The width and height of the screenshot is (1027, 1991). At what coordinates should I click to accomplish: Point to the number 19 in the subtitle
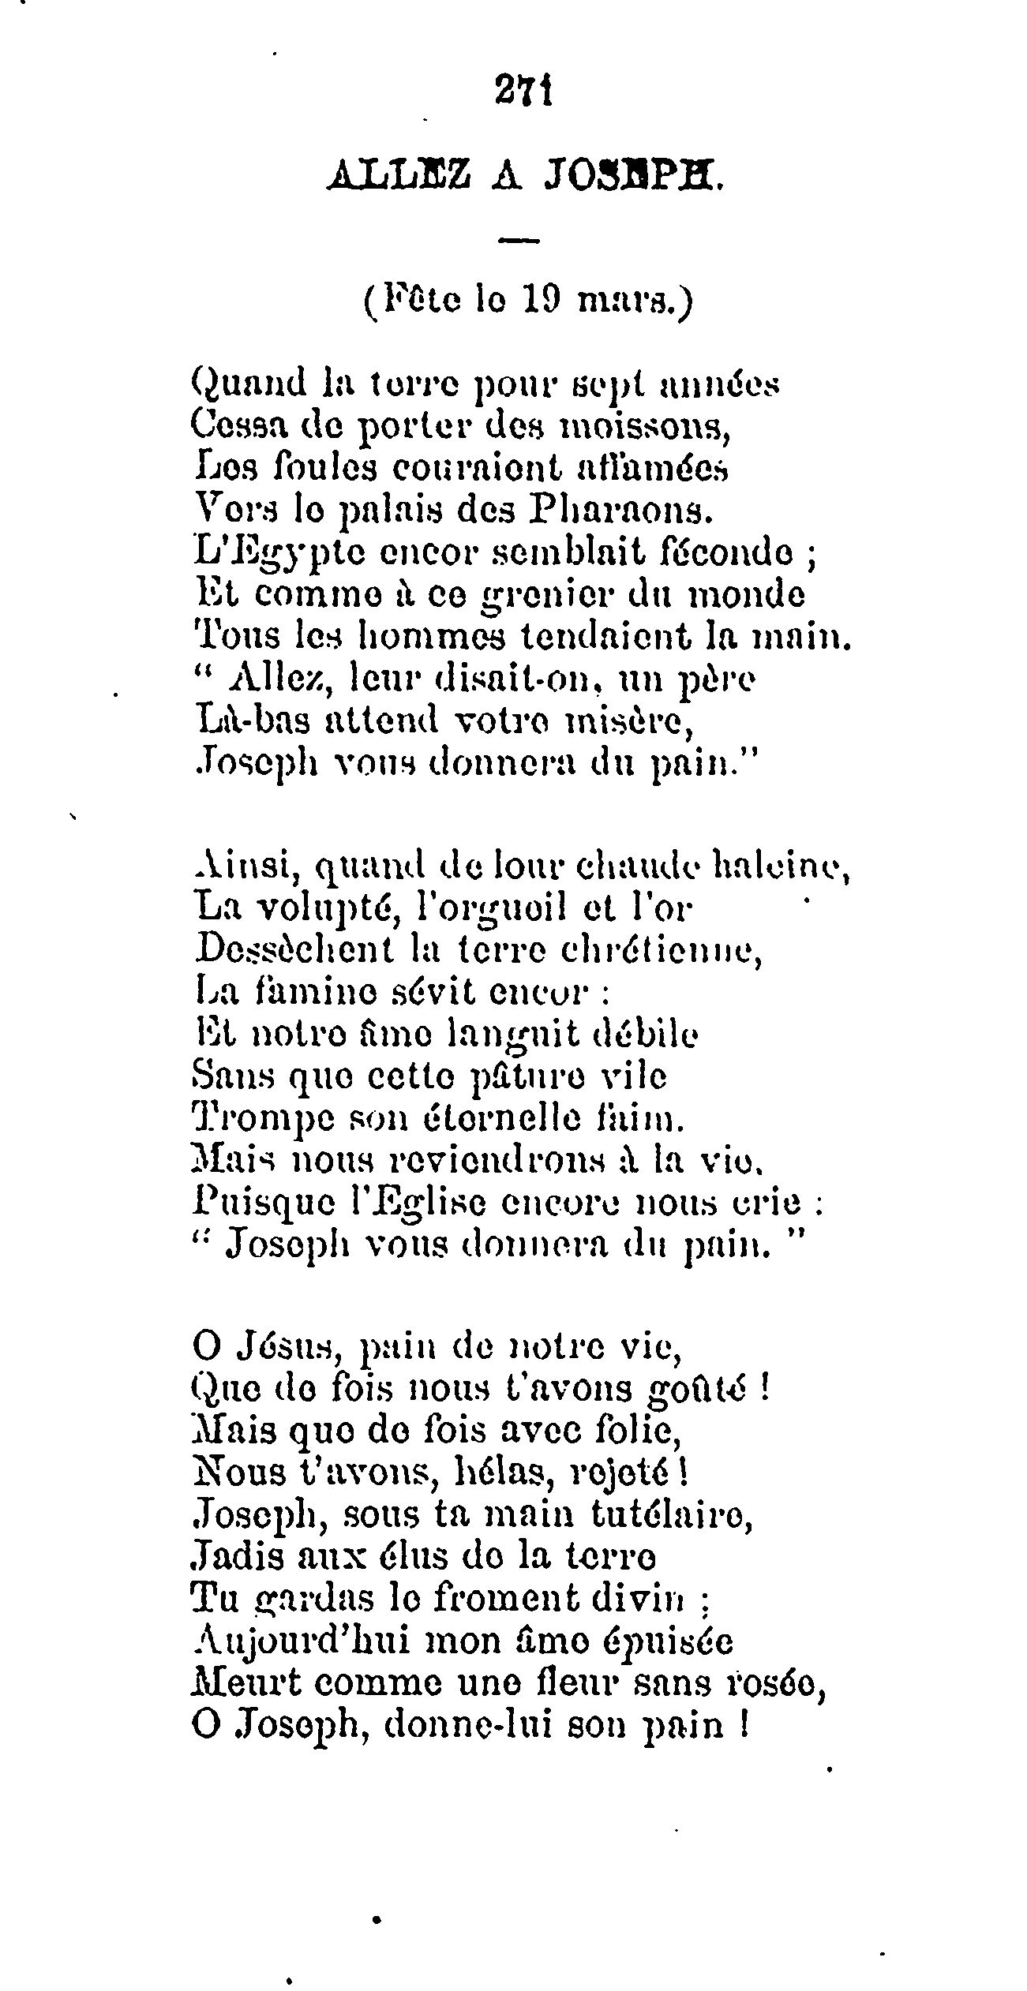(542, 302)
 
